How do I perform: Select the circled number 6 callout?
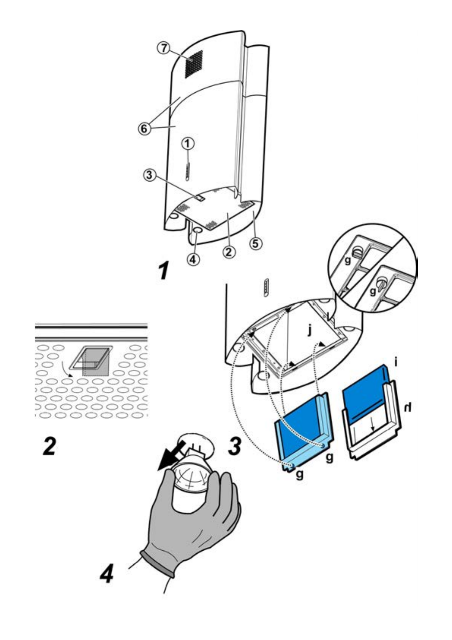[x=144, y=129]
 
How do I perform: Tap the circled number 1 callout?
[x=188, y=144]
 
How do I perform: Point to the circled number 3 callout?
[x=149, y=175]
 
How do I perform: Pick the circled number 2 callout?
[x=229, y=252]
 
